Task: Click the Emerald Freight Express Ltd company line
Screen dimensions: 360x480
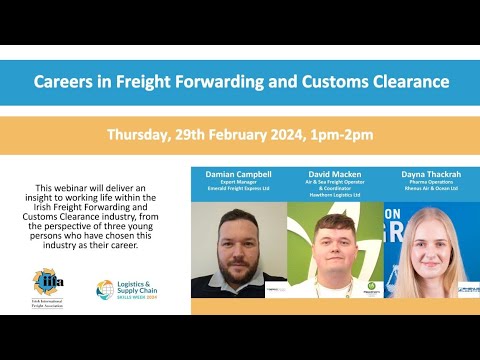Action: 239,191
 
